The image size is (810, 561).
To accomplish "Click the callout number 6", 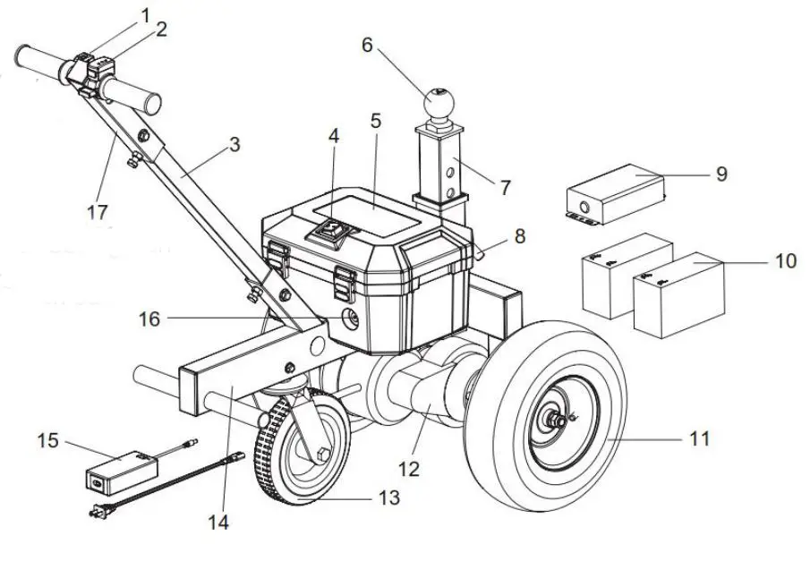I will (x=367, y=45).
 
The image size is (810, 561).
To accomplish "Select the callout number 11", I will (x=699, y=438).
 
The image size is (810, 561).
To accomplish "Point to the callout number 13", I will (x=388, y=498).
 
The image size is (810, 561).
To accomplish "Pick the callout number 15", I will (x=50, y=440).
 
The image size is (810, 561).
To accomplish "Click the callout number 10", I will (x=784, y=261).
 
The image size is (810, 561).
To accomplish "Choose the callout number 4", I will (x=334, y=136).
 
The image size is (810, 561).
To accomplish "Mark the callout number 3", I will (x=234, y=144).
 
